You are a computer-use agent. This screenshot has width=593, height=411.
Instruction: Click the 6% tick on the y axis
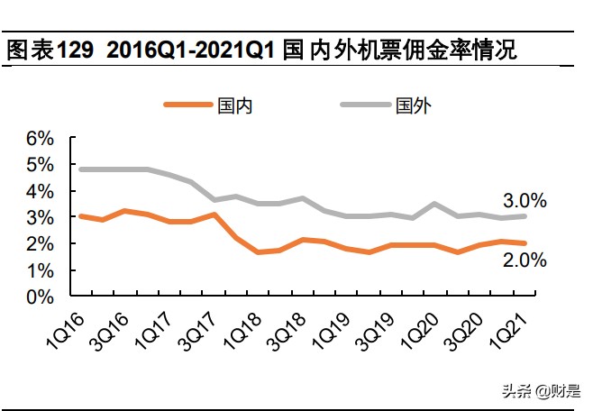click(x=39, y=139)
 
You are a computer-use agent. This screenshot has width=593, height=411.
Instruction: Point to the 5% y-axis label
click(x=39, y=165)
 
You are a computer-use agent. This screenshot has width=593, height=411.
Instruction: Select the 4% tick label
click(x=39, y=191)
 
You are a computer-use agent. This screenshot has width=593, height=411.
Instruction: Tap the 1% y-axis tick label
click(x=39, y=270)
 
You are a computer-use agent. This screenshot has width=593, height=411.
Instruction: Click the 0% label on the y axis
click(x=39, y=297)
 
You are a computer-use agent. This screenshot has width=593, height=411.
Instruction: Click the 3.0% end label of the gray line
click(x=525, y=200)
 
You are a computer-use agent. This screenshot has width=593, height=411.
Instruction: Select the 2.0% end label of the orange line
click(x=525, y=260)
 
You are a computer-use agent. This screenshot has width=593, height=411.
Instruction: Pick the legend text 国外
click(x=414, y=105)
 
